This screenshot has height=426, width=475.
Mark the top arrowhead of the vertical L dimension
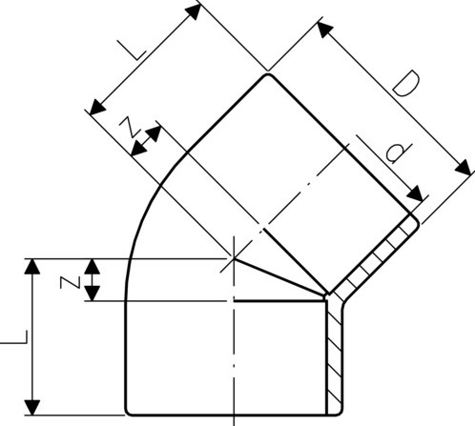(x=33, y=264)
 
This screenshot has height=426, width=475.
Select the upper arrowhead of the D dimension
(x=325, y=30)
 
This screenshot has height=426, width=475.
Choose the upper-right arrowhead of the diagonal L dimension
(x=195, y=10)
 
